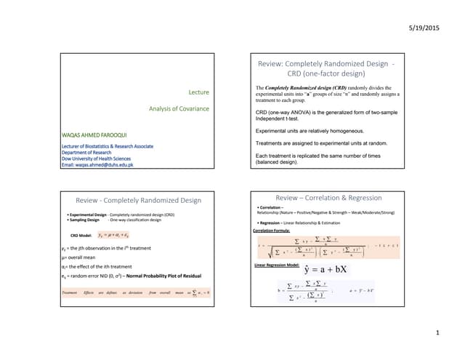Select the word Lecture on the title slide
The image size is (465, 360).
click(x=199, y=92)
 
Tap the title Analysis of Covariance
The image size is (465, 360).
click(x=179, y=109)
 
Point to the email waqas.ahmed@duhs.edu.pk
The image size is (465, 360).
click(x=97, y=165)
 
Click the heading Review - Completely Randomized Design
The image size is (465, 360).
click(x=139, y=200)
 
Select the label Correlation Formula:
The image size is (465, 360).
click(x=271, y=231)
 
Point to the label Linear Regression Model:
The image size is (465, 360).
click(x=274, y=266)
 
